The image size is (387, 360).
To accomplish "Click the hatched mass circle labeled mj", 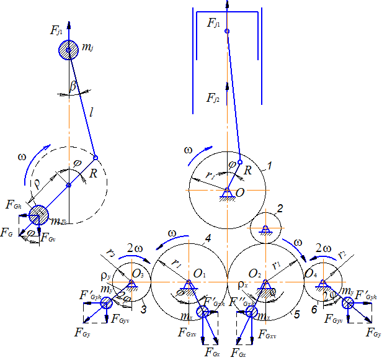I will point(69,50).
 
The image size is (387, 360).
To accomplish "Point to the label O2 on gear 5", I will point(254,273).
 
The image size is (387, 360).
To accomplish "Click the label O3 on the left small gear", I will point(138,274).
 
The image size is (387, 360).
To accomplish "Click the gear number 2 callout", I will point(280,209).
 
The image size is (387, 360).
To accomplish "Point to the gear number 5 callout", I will point(297,315).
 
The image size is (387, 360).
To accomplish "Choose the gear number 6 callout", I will point(314,309).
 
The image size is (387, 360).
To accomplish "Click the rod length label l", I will point(91,113).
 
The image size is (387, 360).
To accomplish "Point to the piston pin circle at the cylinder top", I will point(227,31).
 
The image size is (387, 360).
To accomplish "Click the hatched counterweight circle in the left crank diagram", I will point(38,215).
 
